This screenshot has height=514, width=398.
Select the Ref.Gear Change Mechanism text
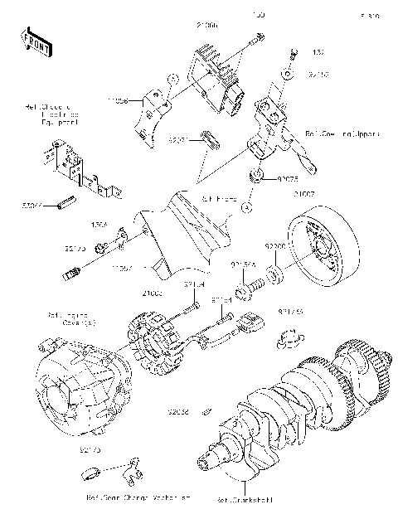pyautogui.click(x=138, y=498)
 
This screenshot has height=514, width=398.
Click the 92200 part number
pyautogui.click(x=275, y=246)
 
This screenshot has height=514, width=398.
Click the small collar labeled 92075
pyautogui.click(x=257, y=176)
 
